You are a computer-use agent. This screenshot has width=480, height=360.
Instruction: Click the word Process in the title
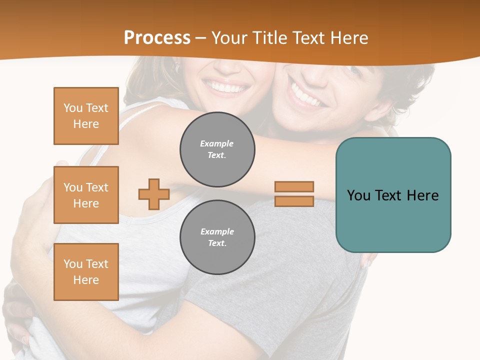157,38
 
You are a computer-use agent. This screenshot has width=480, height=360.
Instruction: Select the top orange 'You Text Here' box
86,116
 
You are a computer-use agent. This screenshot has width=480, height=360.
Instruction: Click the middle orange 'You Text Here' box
86,195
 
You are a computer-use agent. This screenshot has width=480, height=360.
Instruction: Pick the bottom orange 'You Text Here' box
86,272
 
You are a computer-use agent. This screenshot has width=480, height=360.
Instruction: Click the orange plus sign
154,194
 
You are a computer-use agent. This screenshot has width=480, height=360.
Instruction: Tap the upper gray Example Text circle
217,149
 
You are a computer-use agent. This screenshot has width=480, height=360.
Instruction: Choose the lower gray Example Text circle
217,237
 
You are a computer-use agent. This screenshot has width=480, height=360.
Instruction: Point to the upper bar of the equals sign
294,186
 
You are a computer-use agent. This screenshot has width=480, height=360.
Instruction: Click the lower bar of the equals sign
294,201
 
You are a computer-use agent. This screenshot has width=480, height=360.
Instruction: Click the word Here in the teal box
422,195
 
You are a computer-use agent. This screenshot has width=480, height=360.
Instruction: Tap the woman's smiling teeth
228,88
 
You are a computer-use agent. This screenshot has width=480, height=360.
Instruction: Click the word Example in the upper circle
217,143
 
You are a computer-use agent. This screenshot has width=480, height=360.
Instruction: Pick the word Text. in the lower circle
217,243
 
